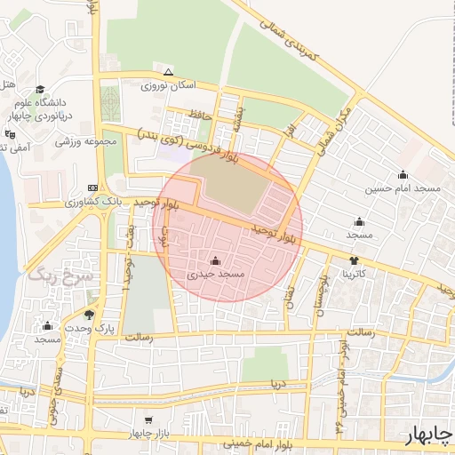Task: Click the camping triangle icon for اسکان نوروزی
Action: coord(168,72)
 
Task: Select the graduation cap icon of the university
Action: coord(40,89)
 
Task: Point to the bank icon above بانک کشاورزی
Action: coord(93,188)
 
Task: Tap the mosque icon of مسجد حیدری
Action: coord(215,261)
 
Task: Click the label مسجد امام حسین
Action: coord(402,189)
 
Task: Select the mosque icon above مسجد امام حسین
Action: coord(403,174)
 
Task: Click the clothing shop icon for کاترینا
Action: coord(355,260)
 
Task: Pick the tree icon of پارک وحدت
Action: coord(88,314)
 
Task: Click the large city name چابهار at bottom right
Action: coord(427,435)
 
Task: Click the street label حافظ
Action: coord(197,114)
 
